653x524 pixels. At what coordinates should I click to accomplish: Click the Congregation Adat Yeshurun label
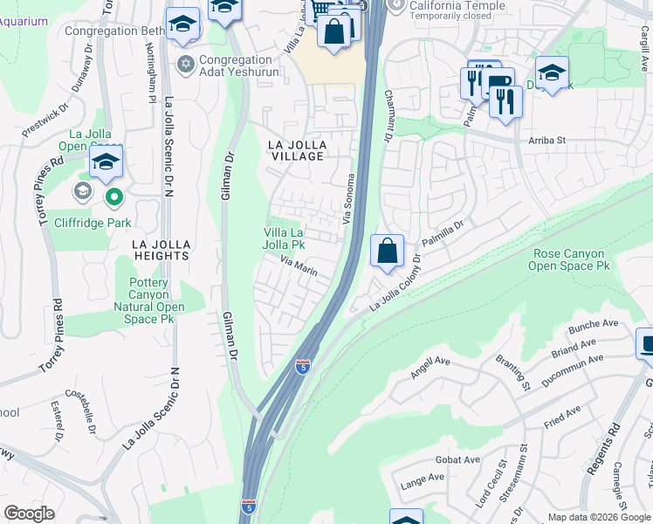tap(239, 65)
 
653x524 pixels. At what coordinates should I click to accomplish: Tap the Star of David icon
tap(184, 64)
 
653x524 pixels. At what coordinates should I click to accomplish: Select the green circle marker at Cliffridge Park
tap(113, 196)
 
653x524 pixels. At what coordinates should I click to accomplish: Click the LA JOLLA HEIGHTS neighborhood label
tap(161, 250)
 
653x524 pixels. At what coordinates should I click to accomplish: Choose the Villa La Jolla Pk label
tap(285, 238)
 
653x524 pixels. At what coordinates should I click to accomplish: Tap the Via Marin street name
tap(299, 266)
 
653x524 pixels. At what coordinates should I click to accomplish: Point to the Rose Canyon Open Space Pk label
tap(567, 259)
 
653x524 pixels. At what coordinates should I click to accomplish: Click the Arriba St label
tap(547, 140)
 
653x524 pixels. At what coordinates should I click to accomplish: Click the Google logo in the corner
tap(29, 514)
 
